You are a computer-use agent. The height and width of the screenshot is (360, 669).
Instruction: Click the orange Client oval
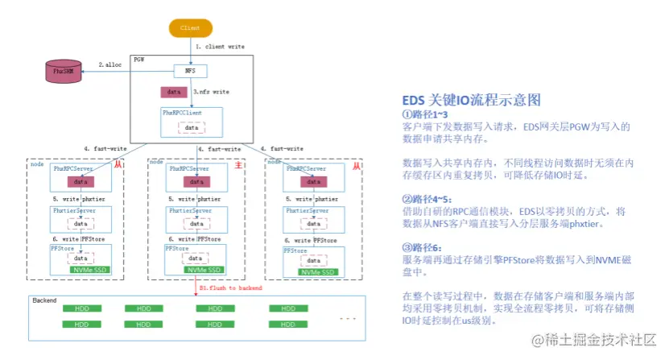(x=190, y=27)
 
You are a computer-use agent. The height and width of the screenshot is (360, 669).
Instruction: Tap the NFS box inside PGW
(x=190, y=71)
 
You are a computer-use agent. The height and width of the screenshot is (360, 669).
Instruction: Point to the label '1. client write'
(x=220, y=48)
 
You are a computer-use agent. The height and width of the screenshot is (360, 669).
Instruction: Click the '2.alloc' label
(x=111, y=64)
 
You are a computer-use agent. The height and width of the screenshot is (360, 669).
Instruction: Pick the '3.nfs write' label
(x=212, y=93)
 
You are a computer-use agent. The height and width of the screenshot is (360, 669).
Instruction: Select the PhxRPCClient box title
(x=181, y=112)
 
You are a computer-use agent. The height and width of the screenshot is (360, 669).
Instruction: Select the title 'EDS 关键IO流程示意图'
(x=471, y=101)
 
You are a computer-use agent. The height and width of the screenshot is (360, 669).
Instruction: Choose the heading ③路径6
(x=423, y=247)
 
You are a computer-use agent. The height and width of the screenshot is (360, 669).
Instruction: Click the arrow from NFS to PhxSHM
(x=128, y=72)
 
